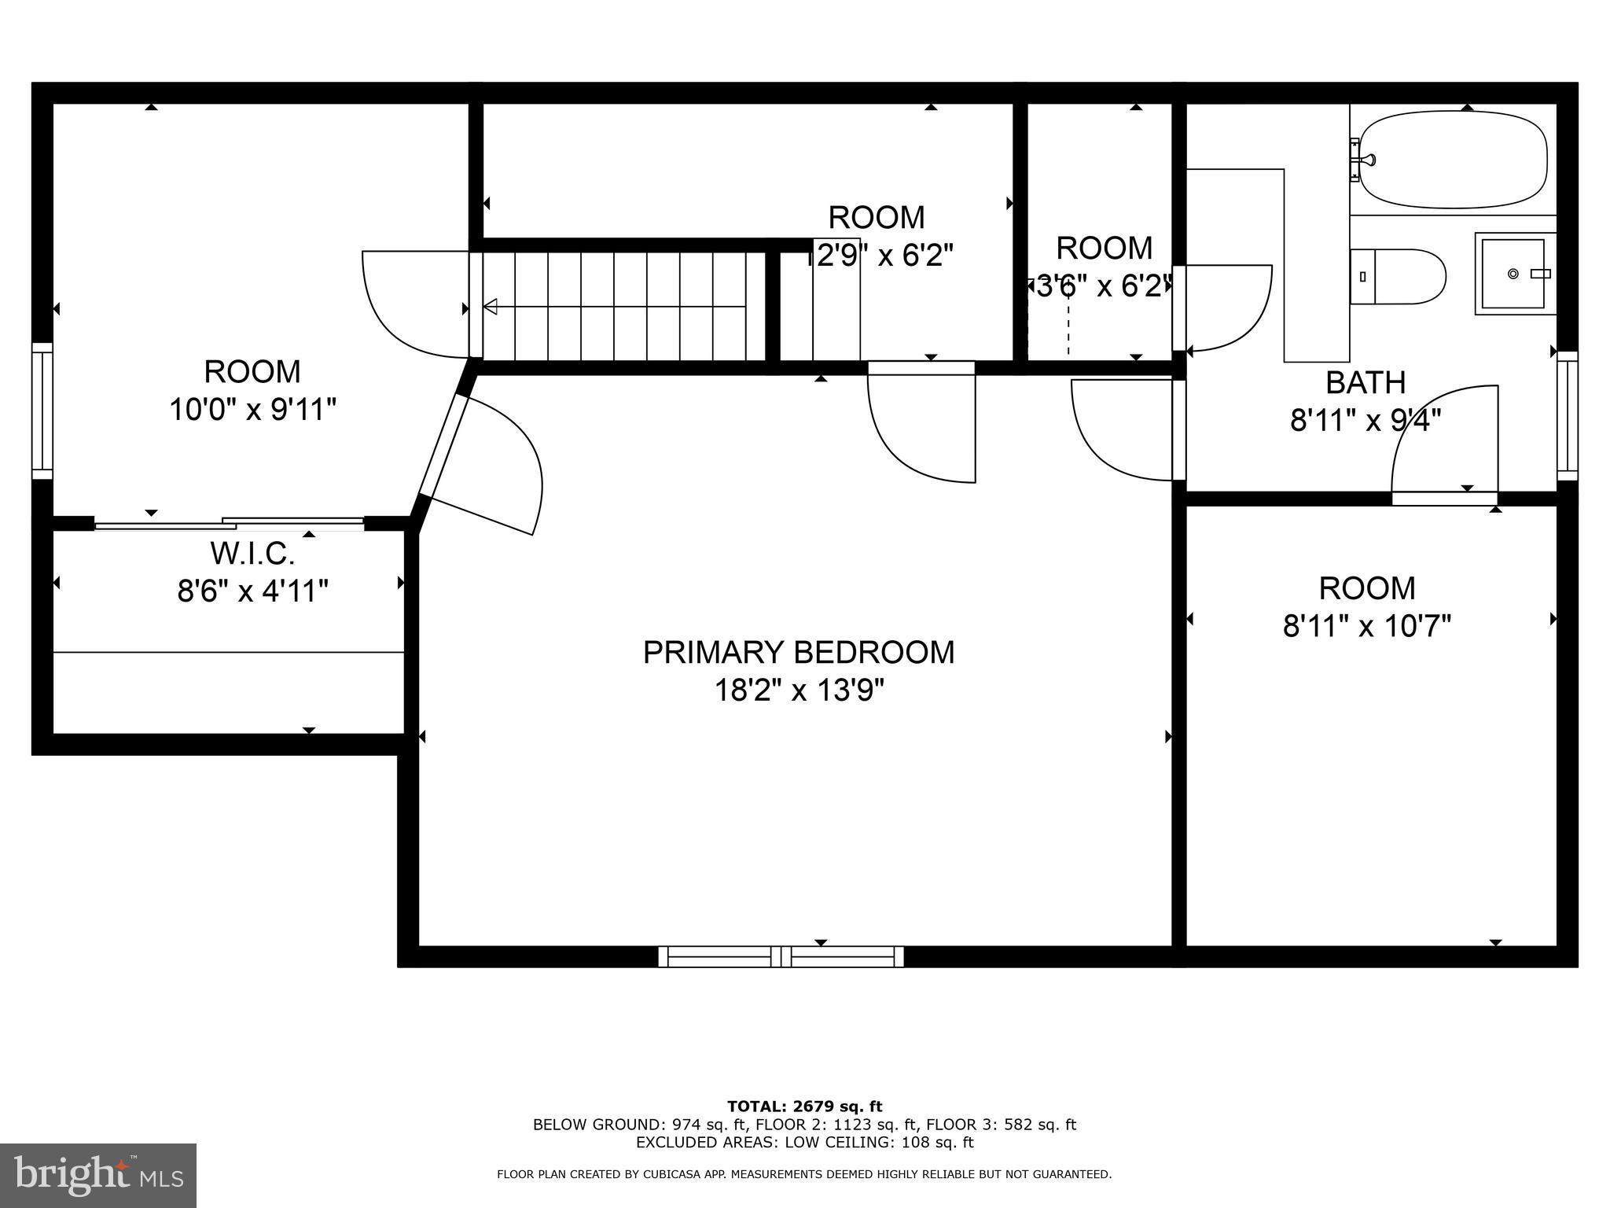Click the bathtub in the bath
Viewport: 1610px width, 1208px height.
[1453, 160]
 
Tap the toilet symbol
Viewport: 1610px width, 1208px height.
[1398, 276]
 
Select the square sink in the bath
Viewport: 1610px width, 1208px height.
[1514, 274]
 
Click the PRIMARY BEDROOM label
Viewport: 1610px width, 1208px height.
[799, 653]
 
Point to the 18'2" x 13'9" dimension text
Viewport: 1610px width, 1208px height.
[799, 691]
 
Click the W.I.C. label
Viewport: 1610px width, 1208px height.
[252, 554]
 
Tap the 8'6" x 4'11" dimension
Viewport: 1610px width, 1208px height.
[252, 591]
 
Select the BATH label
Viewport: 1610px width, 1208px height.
[1366, 383]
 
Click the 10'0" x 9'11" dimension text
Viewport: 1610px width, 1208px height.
[252, 410]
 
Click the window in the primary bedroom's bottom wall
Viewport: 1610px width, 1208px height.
[781, 956]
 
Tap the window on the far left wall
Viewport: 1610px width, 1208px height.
[42, 411]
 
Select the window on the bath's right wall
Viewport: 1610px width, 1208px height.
[1567, 415]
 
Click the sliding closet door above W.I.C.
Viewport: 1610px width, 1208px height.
[230, 523]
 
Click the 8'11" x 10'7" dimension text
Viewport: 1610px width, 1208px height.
[1367, 627]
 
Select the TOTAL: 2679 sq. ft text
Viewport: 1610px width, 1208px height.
[804, 1107]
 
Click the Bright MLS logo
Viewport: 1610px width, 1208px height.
[98, 1176]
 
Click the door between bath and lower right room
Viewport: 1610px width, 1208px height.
[1444, 498]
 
